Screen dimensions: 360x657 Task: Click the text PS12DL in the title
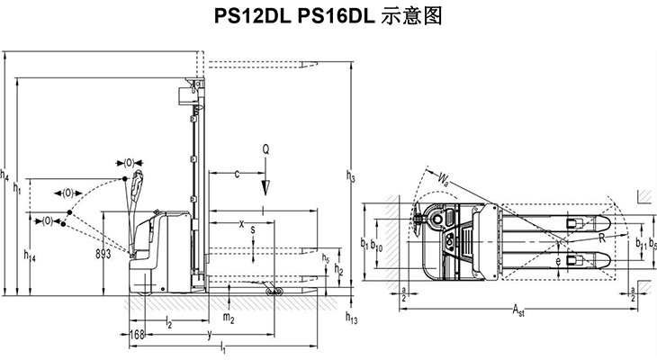tap(246, 16)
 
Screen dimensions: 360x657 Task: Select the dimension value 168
tap(137, 335)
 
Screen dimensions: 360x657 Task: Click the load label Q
tap(265, 148)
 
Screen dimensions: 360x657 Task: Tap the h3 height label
tap(350, 177)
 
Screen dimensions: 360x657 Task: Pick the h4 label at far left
tap(6, 177)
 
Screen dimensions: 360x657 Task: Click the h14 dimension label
tap(30, 258)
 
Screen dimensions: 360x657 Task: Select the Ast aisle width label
tap(518, 311)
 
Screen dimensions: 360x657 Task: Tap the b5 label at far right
tap(652, 243)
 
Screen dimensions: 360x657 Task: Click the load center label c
tap(237, 175)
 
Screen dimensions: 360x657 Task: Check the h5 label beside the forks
tap(325, 259)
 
